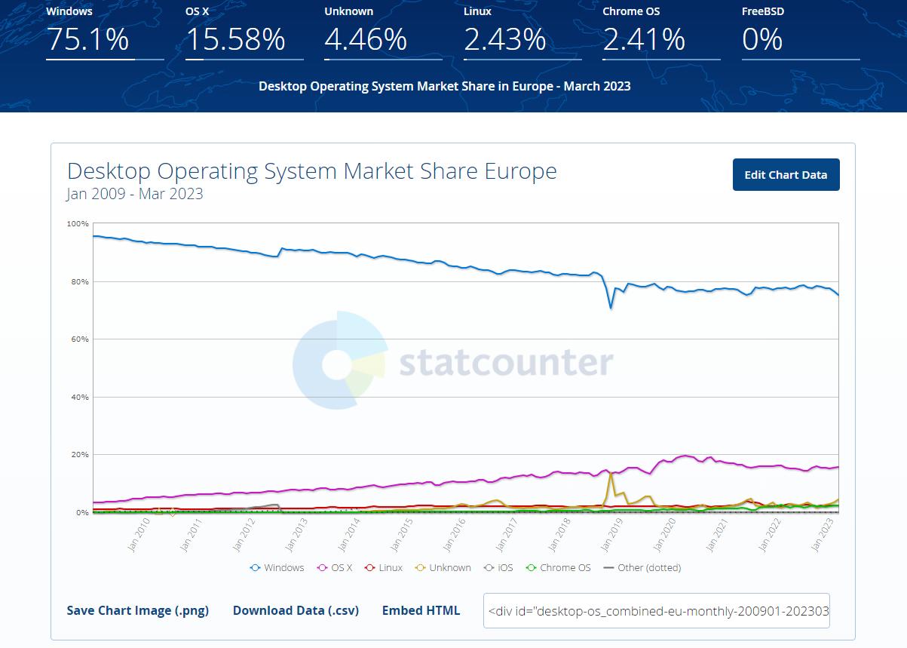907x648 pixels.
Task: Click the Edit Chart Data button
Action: pos(786,175)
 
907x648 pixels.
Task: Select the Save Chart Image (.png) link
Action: pos(137,610)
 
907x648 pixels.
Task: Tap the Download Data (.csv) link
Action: pos(296,610)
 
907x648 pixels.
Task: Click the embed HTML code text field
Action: pos(656,610)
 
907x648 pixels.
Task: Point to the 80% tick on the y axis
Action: pos(78,281)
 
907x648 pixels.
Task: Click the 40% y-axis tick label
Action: pos(78,397)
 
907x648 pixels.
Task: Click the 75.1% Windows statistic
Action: pos(87,39)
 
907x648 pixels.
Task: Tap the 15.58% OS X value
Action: pos(235,39)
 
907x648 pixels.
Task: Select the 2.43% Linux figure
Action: pos(504,39)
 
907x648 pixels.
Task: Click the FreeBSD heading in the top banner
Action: pos(762,11)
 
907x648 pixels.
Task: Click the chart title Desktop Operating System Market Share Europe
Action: pos(311,171)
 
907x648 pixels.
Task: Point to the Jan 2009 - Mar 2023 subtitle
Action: pos(134,194)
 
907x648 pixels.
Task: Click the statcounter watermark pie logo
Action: pos(339,360)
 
